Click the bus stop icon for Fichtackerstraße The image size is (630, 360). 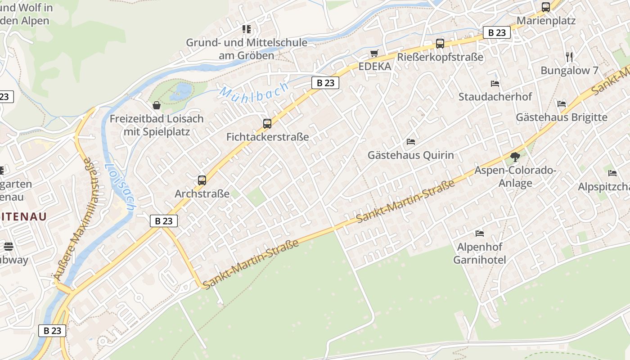tap(267, 123)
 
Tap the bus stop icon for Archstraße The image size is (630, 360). tap(202, 180)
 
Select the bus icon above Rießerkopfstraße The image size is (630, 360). tap(440, 44)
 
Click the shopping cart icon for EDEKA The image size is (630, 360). tap(374, 54)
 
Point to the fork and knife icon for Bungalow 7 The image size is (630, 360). tap(569, 57)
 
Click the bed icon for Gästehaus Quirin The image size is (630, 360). tap(411, 142)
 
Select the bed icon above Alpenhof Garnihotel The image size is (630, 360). tap(480, 234)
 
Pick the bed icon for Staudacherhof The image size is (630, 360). tap(495, 84)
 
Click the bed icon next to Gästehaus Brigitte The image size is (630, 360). tap(562, 104)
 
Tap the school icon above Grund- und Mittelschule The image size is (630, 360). tap(247, 29)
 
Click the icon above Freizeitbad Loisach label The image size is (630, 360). tap(157, 105)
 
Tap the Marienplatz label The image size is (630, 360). tap(546, 21)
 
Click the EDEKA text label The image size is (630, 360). tap(374, 67)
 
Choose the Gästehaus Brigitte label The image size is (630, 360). tap(561, 117)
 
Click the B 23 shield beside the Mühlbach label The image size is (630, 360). tap(325, 83)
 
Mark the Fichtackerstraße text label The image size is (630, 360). tap(267, 137)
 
